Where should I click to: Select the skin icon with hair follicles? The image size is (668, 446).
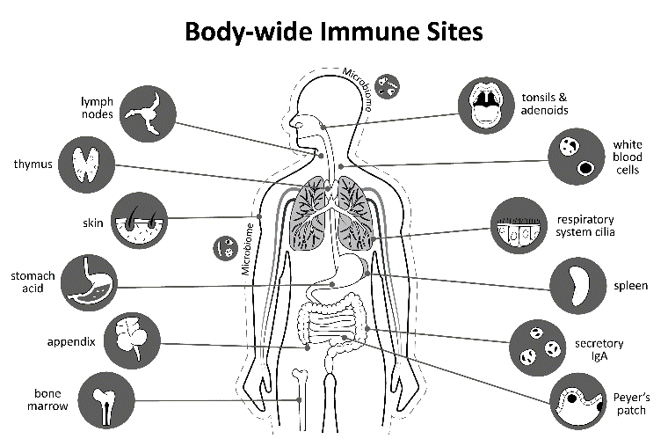[x=139, y=219]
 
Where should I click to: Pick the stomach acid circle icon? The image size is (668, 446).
[x=90, y=281]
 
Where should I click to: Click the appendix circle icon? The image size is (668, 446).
[x=131, y=340]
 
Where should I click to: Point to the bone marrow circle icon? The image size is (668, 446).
[x=105, y=399]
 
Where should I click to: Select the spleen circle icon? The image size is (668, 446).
[x=577, y=285]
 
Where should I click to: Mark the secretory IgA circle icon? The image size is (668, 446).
[x=539, y=345]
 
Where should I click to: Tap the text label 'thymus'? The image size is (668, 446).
[x=33, y=165]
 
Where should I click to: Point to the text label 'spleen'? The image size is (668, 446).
[x=631, y=286]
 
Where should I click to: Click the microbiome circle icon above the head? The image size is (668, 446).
[x=386, y=86]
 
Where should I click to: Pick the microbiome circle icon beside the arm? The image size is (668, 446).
[x=226, y=248]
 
